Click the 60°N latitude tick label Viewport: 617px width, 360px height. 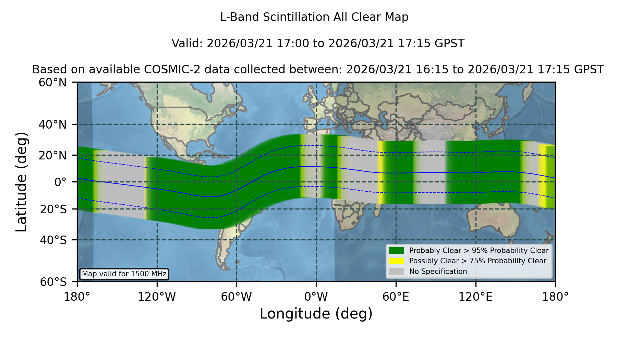(53, 82)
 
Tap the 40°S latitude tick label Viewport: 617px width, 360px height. (53, 240)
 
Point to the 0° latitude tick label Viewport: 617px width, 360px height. (61, 182)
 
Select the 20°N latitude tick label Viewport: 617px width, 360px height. (53, 155)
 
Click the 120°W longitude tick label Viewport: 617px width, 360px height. (157, 297)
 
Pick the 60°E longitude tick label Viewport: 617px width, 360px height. (396, 297)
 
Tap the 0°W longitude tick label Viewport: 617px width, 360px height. (316, 297)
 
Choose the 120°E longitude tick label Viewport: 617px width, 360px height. (475, 297)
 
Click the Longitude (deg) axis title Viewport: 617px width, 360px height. (316, 314)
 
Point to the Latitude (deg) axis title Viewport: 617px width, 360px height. (21, 182)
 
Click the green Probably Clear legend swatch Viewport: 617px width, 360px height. (397, 250)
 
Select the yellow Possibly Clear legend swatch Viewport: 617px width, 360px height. (397, 261)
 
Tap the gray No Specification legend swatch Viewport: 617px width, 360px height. (397, 272)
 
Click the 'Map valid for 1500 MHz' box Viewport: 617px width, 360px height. (124, 274)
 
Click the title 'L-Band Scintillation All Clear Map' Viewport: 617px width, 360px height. (314, 17)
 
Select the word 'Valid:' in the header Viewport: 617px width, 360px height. (187, 44)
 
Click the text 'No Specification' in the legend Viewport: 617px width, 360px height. (438, 272)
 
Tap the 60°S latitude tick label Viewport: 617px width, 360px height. (53, 282)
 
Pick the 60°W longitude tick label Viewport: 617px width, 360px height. (237, 297)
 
